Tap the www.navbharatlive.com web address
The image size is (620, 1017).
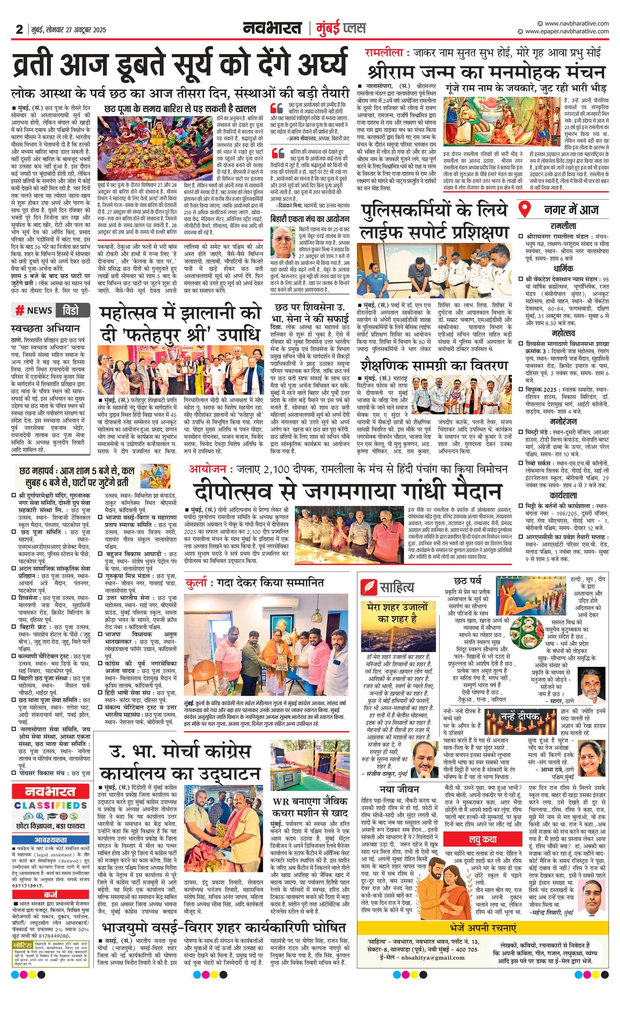click(x=576, y=23)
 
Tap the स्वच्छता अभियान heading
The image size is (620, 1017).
click(x=46, y=329)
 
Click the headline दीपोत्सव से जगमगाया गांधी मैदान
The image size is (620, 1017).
click(x=347, y=491)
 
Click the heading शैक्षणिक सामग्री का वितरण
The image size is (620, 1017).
click(x=434, y=366)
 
